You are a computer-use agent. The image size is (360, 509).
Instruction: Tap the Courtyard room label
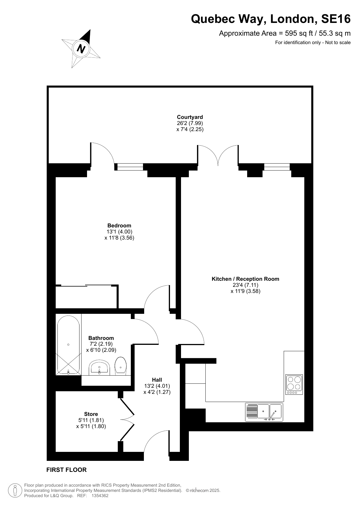(x=190, y=117)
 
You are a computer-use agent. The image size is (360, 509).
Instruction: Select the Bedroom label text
(x=119, y=226)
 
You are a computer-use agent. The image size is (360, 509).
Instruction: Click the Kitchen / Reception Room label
(x=245, y=279)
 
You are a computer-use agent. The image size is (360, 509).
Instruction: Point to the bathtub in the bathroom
(x=68, y=345)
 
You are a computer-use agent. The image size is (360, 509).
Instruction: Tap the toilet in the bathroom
(x=120, y=366)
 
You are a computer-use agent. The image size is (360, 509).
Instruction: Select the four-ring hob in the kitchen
(x=294, y=385)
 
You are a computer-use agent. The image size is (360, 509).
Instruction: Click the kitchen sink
(x=264, y=412)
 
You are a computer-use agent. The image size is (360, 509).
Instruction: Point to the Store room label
(x=91, y=414)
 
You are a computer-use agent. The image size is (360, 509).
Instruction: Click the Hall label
(x=157, y=380)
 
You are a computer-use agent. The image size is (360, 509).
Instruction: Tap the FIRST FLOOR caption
(x=66, y=470)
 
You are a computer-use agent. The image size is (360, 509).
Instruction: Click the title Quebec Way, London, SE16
(x=271, y=19)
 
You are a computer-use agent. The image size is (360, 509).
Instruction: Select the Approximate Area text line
(x=285, y=33)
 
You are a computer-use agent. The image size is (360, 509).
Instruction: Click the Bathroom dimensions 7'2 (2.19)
(x=101, y=344)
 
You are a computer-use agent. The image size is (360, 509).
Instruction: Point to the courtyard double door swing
(x=218, y=155)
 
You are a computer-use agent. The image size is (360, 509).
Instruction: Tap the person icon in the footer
(x=15, y=491)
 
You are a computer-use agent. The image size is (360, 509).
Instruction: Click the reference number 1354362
(x=100, y=496)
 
